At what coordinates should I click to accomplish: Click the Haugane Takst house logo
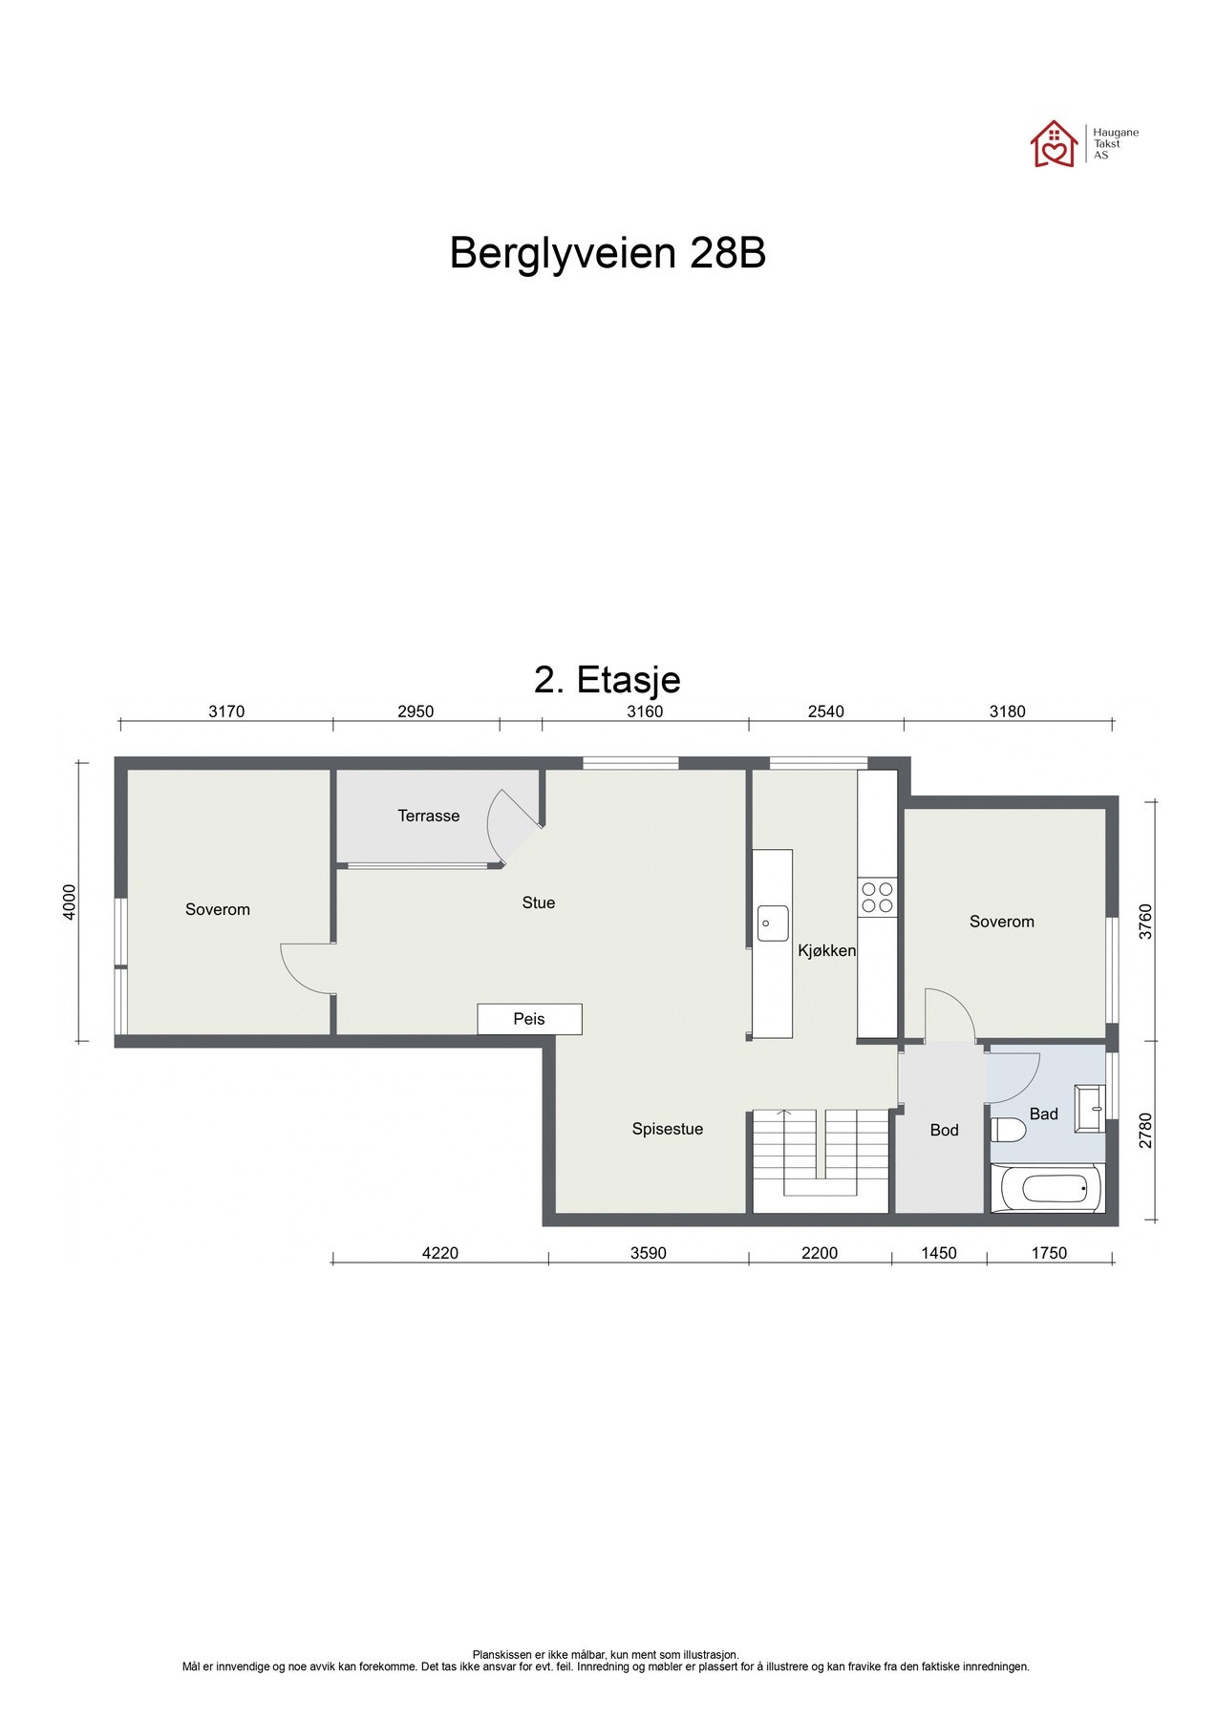1053,144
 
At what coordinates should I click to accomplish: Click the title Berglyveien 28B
608,254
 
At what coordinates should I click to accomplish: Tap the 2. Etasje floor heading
608,679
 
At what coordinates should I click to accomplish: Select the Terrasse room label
429,816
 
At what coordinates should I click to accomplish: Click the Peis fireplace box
529,1019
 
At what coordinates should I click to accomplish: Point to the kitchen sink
772,923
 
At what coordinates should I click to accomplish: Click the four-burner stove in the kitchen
877,897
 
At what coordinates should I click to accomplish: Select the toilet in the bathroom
1009,1131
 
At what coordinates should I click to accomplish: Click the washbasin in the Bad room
1089,1109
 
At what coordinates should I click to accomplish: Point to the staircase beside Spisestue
821,1159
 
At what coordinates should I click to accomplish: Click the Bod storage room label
944,1130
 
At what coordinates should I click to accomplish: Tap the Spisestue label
667,1129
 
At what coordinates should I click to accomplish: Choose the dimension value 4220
440,1253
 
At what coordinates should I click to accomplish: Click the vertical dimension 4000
68,902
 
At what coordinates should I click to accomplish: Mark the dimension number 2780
1146,1131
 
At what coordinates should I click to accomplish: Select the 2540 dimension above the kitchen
826,711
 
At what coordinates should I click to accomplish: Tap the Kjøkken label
827,950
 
